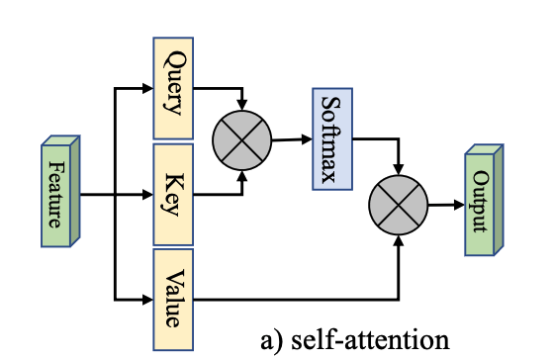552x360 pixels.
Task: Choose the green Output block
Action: coord(482,205)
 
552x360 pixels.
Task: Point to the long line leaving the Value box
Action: coord(297,297)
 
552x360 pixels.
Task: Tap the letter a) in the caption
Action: coord(272,339)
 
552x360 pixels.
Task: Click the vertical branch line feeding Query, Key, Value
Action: coord(116,193)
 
